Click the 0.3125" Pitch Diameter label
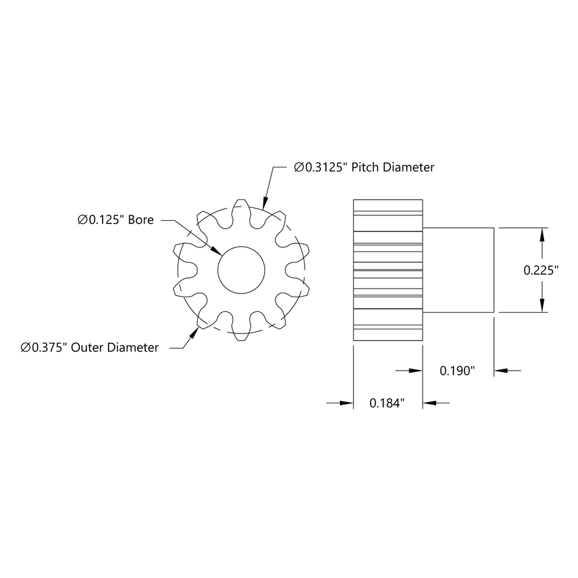[364, 167]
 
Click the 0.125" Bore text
[115, 219]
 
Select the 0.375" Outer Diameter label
[89, 347]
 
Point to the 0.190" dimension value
[457, 371]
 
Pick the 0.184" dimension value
[387, 403]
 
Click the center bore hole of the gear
[241, 269]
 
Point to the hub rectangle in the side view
[458, 269]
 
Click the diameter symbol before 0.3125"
[299, 167]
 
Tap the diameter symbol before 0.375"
[25, 347]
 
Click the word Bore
[140, 219]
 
